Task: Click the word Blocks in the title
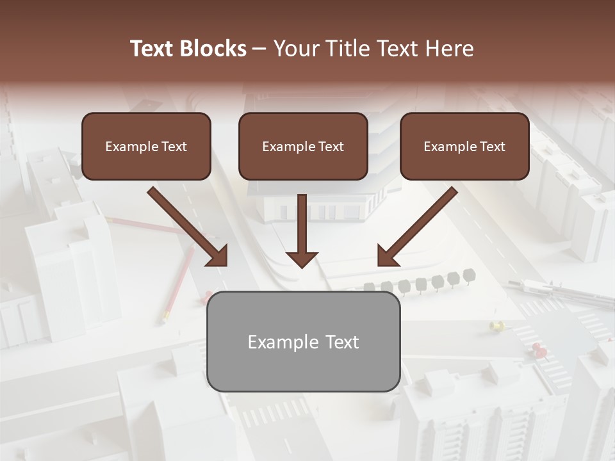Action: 214,49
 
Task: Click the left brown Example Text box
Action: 146,147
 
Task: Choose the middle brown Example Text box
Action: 303,147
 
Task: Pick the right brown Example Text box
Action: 464,147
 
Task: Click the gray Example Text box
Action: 303,342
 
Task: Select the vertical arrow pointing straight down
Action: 302,230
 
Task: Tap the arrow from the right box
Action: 417,227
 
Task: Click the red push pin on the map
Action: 539,349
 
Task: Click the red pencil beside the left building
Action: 179,282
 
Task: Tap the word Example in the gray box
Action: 283,342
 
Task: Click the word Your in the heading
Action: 297,49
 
